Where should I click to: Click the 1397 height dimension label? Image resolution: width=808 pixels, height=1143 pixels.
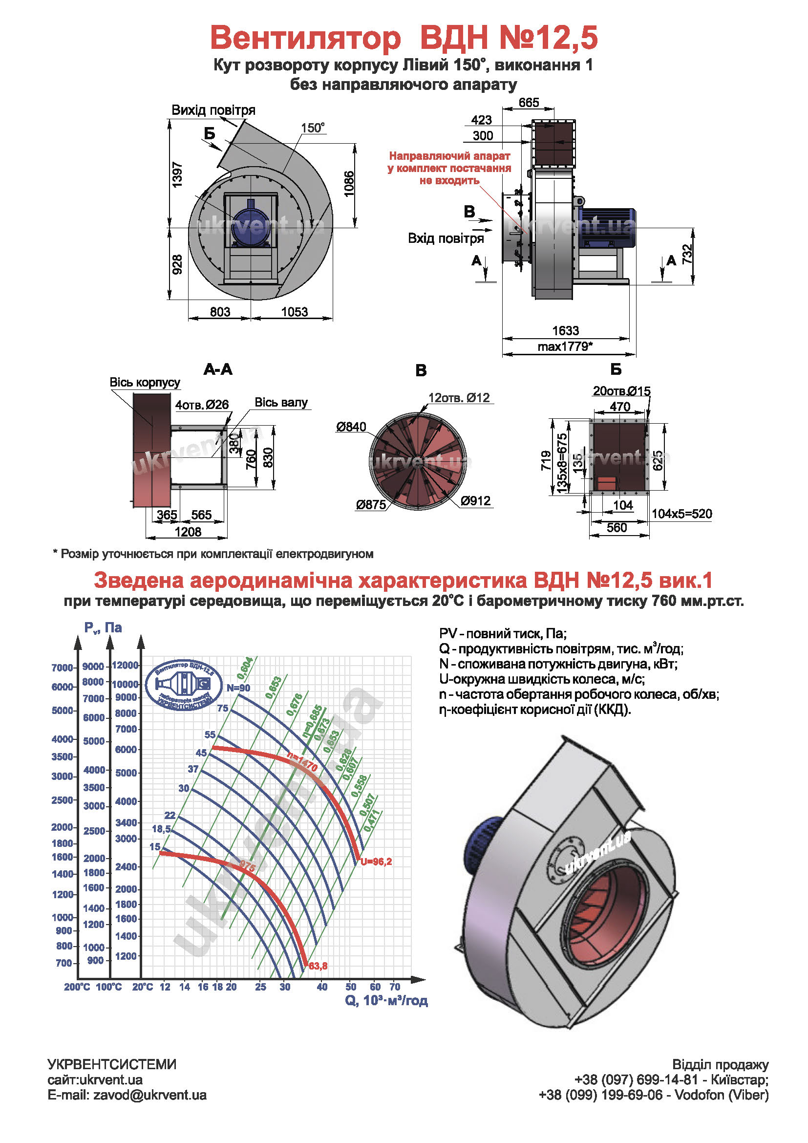[177, 174]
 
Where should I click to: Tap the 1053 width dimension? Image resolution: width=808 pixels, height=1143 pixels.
[295, 312]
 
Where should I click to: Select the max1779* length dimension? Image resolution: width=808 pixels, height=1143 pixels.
[565, 346]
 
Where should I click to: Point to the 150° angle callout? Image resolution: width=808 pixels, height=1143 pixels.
[313, 128]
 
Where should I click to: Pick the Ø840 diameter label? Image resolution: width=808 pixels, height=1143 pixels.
[351, 427]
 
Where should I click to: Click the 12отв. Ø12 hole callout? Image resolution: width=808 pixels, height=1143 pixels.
[459, 398]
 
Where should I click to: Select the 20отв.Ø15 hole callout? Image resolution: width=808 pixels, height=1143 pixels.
[621, 391]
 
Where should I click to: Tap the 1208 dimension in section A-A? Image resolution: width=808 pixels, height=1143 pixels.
[188, 532]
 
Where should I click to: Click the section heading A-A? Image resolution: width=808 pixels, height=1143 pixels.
[218, 369]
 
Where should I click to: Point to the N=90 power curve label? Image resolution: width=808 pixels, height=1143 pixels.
[238, 688]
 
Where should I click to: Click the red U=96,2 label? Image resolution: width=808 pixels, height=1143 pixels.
[377, 862]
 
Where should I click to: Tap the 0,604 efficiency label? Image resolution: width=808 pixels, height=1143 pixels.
[245, 668]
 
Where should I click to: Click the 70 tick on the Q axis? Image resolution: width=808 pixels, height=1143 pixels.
[395, 987]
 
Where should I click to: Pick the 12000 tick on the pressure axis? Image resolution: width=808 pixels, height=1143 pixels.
[125, 665]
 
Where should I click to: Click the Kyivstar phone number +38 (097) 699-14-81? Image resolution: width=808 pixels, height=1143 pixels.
[637, 1079]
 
